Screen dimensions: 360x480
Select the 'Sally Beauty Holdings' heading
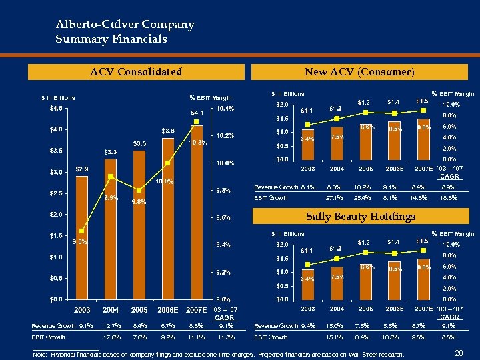(360, 216)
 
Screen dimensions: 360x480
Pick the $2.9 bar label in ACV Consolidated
(82, 169)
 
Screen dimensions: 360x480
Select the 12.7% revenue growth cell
(111, 326)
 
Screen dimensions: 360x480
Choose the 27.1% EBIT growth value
(335, 198)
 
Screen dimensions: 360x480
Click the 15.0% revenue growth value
(335, 326)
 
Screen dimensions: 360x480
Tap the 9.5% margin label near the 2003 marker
(81, 241)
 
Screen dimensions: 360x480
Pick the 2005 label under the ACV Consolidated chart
(139, 310)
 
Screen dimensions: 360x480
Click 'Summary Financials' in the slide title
(111, 39)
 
